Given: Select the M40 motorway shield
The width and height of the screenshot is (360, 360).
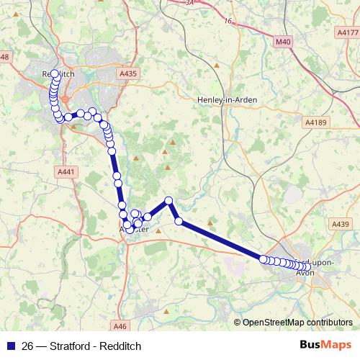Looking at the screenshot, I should click(284, 42).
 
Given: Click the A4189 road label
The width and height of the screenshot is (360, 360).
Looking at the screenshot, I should click(315, 123).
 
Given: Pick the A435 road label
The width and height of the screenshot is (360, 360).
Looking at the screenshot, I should click(128, 73).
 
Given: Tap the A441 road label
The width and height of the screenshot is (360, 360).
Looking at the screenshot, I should click(65, 172).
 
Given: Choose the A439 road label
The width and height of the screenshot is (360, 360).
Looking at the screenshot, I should click(341, 225).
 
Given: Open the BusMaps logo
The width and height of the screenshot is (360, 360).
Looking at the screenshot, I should click(326, 345).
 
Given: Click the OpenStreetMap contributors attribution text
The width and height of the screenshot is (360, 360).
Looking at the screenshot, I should click(297, 323).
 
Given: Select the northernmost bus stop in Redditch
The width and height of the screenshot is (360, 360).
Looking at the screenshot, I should click(55, 74).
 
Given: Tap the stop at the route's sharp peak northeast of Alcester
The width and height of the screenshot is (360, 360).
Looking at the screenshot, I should click(168, 200).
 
